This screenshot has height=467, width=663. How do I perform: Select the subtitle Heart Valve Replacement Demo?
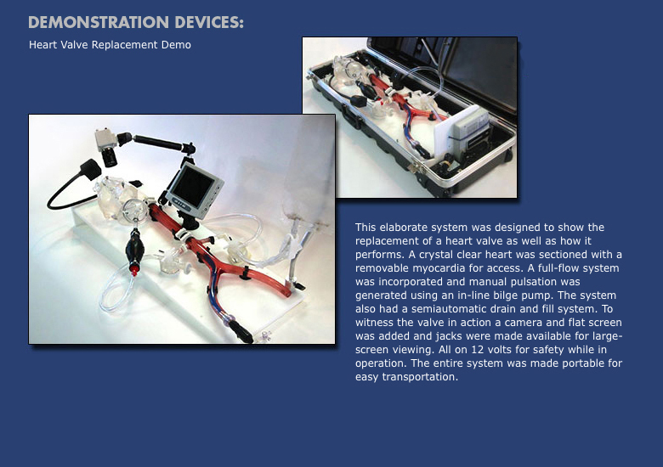110,45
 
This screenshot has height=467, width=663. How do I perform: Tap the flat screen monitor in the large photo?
194,189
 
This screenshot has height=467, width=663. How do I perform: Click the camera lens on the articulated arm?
110,157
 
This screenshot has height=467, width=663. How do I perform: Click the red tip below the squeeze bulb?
134,270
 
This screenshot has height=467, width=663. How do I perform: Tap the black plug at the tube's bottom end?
241,330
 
